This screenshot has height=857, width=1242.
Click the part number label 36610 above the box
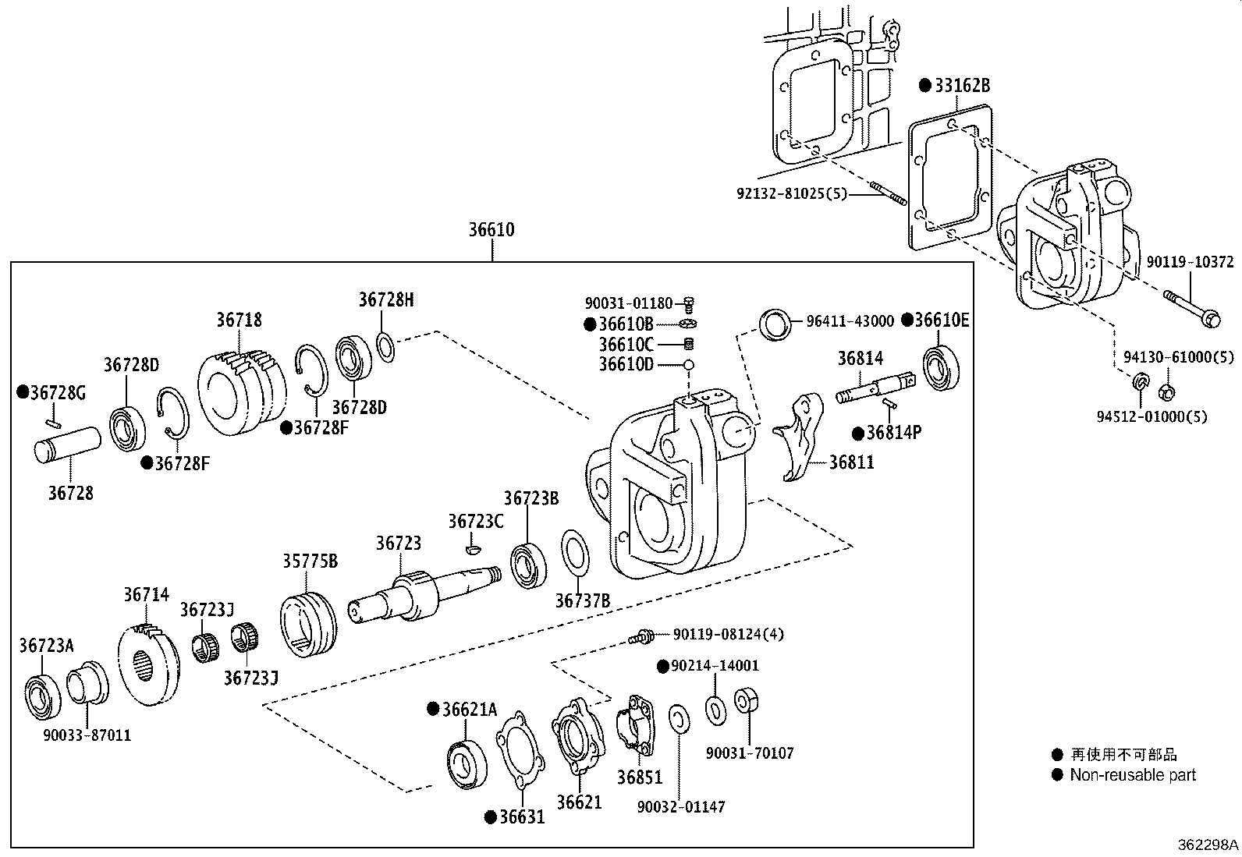point(491,230)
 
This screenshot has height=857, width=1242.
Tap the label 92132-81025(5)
point(791,192)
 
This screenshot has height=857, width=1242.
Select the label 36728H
point(386,299)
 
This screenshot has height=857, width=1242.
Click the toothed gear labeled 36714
point(147,662)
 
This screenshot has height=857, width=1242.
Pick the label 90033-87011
point(87,735)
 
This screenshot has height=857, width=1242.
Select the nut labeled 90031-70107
point(747,699)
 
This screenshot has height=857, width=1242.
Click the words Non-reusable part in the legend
point(1132,775)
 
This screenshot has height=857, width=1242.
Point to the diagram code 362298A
point(1208,845)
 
